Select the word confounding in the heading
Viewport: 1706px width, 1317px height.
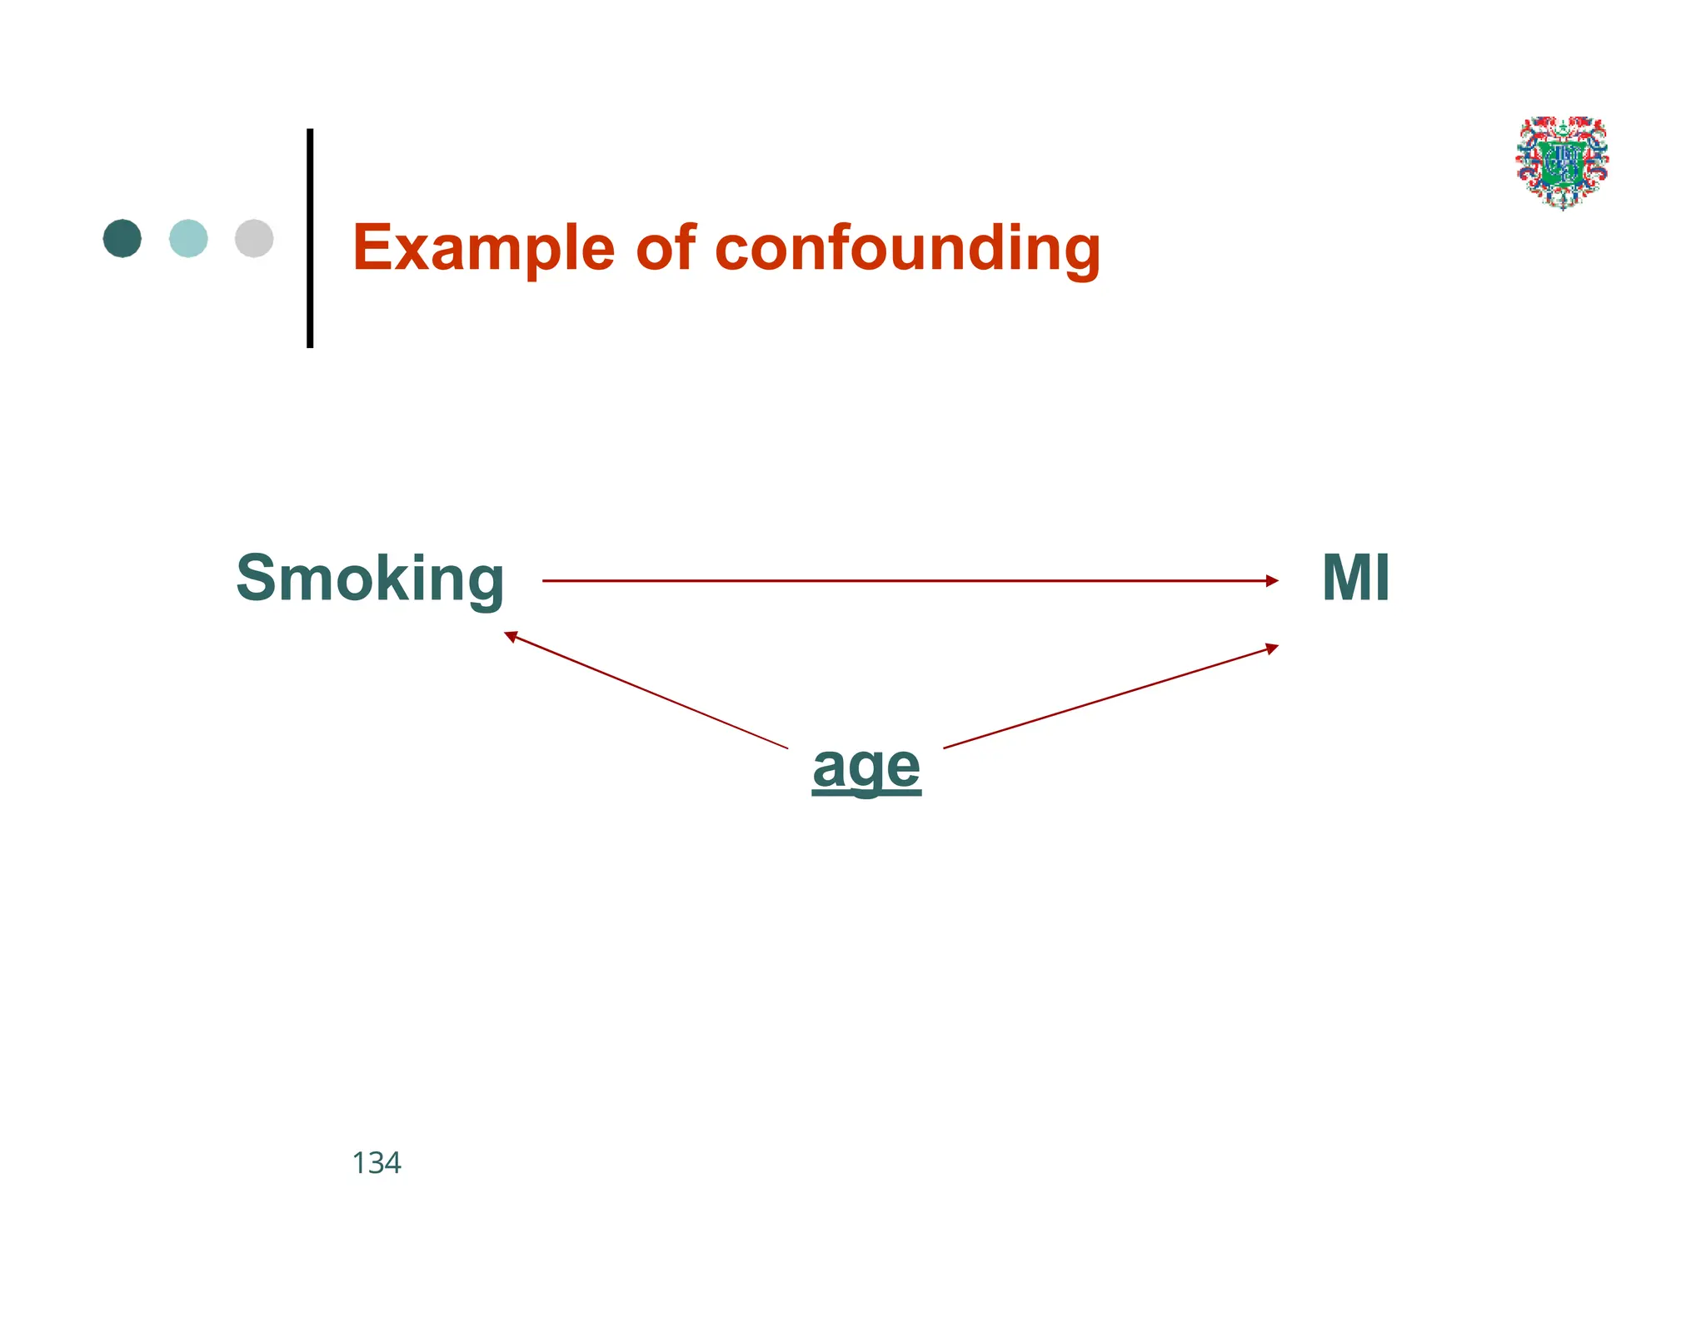907,248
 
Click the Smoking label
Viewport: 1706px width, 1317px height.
370,579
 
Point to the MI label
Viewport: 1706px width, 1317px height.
1355,578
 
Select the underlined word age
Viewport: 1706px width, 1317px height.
866,768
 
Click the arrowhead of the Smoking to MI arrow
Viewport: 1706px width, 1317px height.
1272,581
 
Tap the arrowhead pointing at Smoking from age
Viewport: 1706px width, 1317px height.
511,636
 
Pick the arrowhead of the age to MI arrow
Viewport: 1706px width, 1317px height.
1272,648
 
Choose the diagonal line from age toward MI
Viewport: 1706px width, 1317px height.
1108,698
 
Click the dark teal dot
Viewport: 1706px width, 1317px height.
122,239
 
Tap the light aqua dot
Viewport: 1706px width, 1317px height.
188,239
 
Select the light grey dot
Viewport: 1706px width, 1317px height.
254,239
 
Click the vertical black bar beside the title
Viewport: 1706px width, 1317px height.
310,238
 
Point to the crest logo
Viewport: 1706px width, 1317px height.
1562,162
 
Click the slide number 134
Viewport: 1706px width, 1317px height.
377,1163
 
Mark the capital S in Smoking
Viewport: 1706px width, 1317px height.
257,578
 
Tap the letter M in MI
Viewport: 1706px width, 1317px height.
1344,578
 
